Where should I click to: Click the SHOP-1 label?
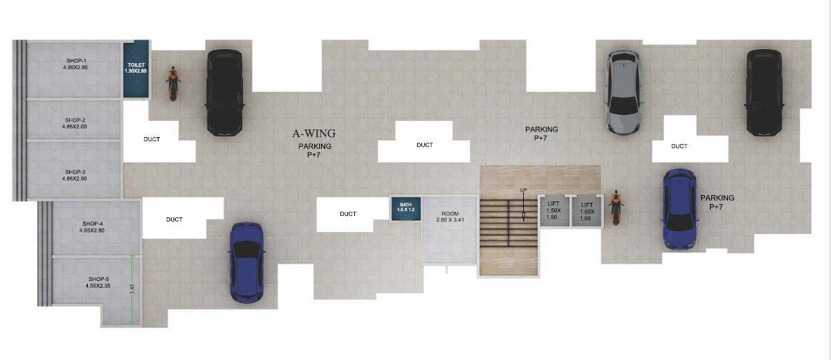77,61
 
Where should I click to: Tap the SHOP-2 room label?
75,120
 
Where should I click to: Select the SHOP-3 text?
75,172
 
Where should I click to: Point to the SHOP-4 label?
93,224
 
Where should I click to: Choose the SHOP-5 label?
99,279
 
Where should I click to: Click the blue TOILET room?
136,69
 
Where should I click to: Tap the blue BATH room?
406,208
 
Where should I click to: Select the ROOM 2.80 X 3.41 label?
450,217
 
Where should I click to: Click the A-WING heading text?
314,133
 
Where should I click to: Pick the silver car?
623,92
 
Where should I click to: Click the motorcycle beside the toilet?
172,84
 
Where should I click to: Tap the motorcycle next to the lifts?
616,208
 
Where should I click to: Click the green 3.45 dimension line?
132,289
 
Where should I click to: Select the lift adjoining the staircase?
554,210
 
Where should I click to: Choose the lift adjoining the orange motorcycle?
587,210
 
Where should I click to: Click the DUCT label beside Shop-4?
174,219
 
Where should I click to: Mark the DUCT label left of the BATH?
348,214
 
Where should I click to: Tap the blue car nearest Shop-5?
247,262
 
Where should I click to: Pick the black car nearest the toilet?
225,92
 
